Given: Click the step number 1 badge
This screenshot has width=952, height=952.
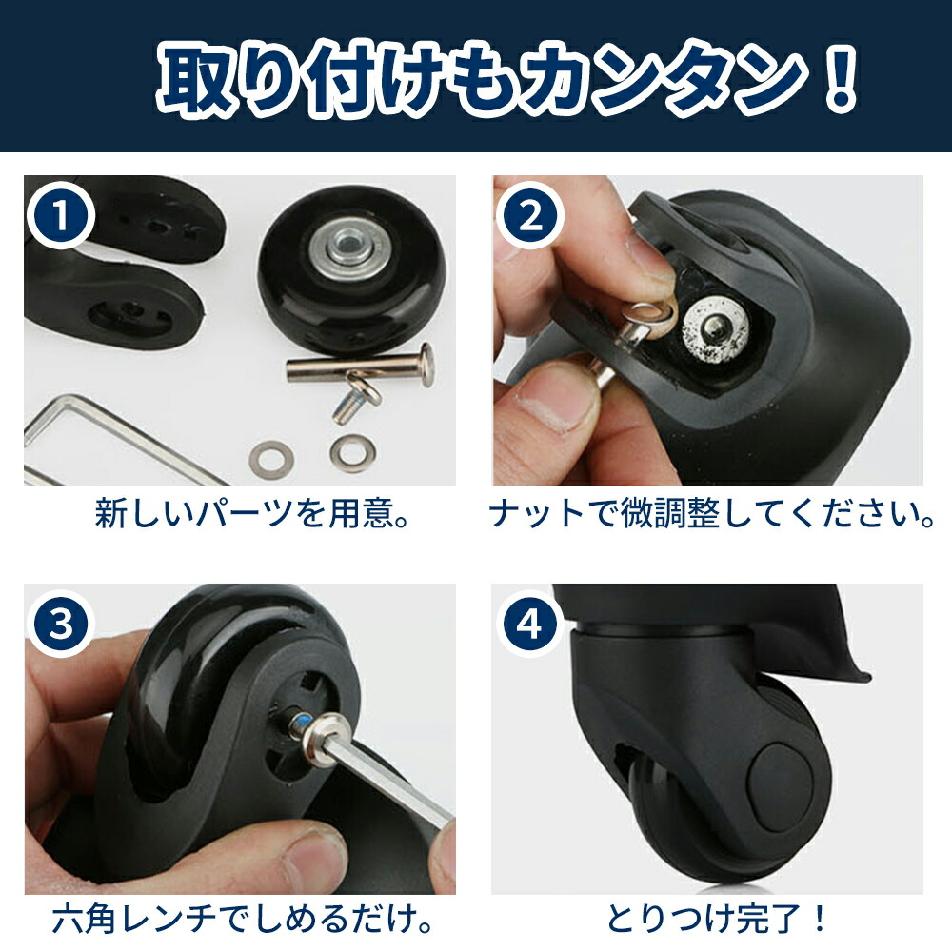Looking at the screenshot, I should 61,218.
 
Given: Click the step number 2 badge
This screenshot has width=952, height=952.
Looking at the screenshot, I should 529,218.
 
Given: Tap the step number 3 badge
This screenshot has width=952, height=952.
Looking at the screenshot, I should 61,625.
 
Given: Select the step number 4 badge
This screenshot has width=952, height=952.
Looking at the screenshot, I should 529,625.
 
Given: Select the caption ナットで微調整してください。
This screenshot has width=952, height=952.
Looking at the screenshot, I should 713,515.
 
